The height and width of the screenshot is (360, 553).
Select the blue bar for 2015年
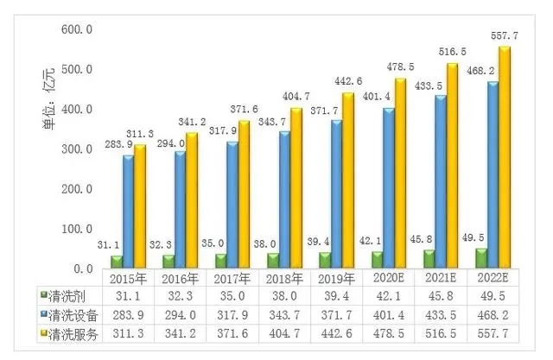click(128, 211)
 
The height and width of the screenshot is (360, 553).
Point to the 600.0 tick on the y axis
click(77, 29)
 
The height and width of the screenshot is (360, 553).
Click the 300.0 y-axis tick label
click(77, 149)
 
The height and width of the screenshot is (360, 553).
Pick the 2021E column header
click(440, 278)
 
